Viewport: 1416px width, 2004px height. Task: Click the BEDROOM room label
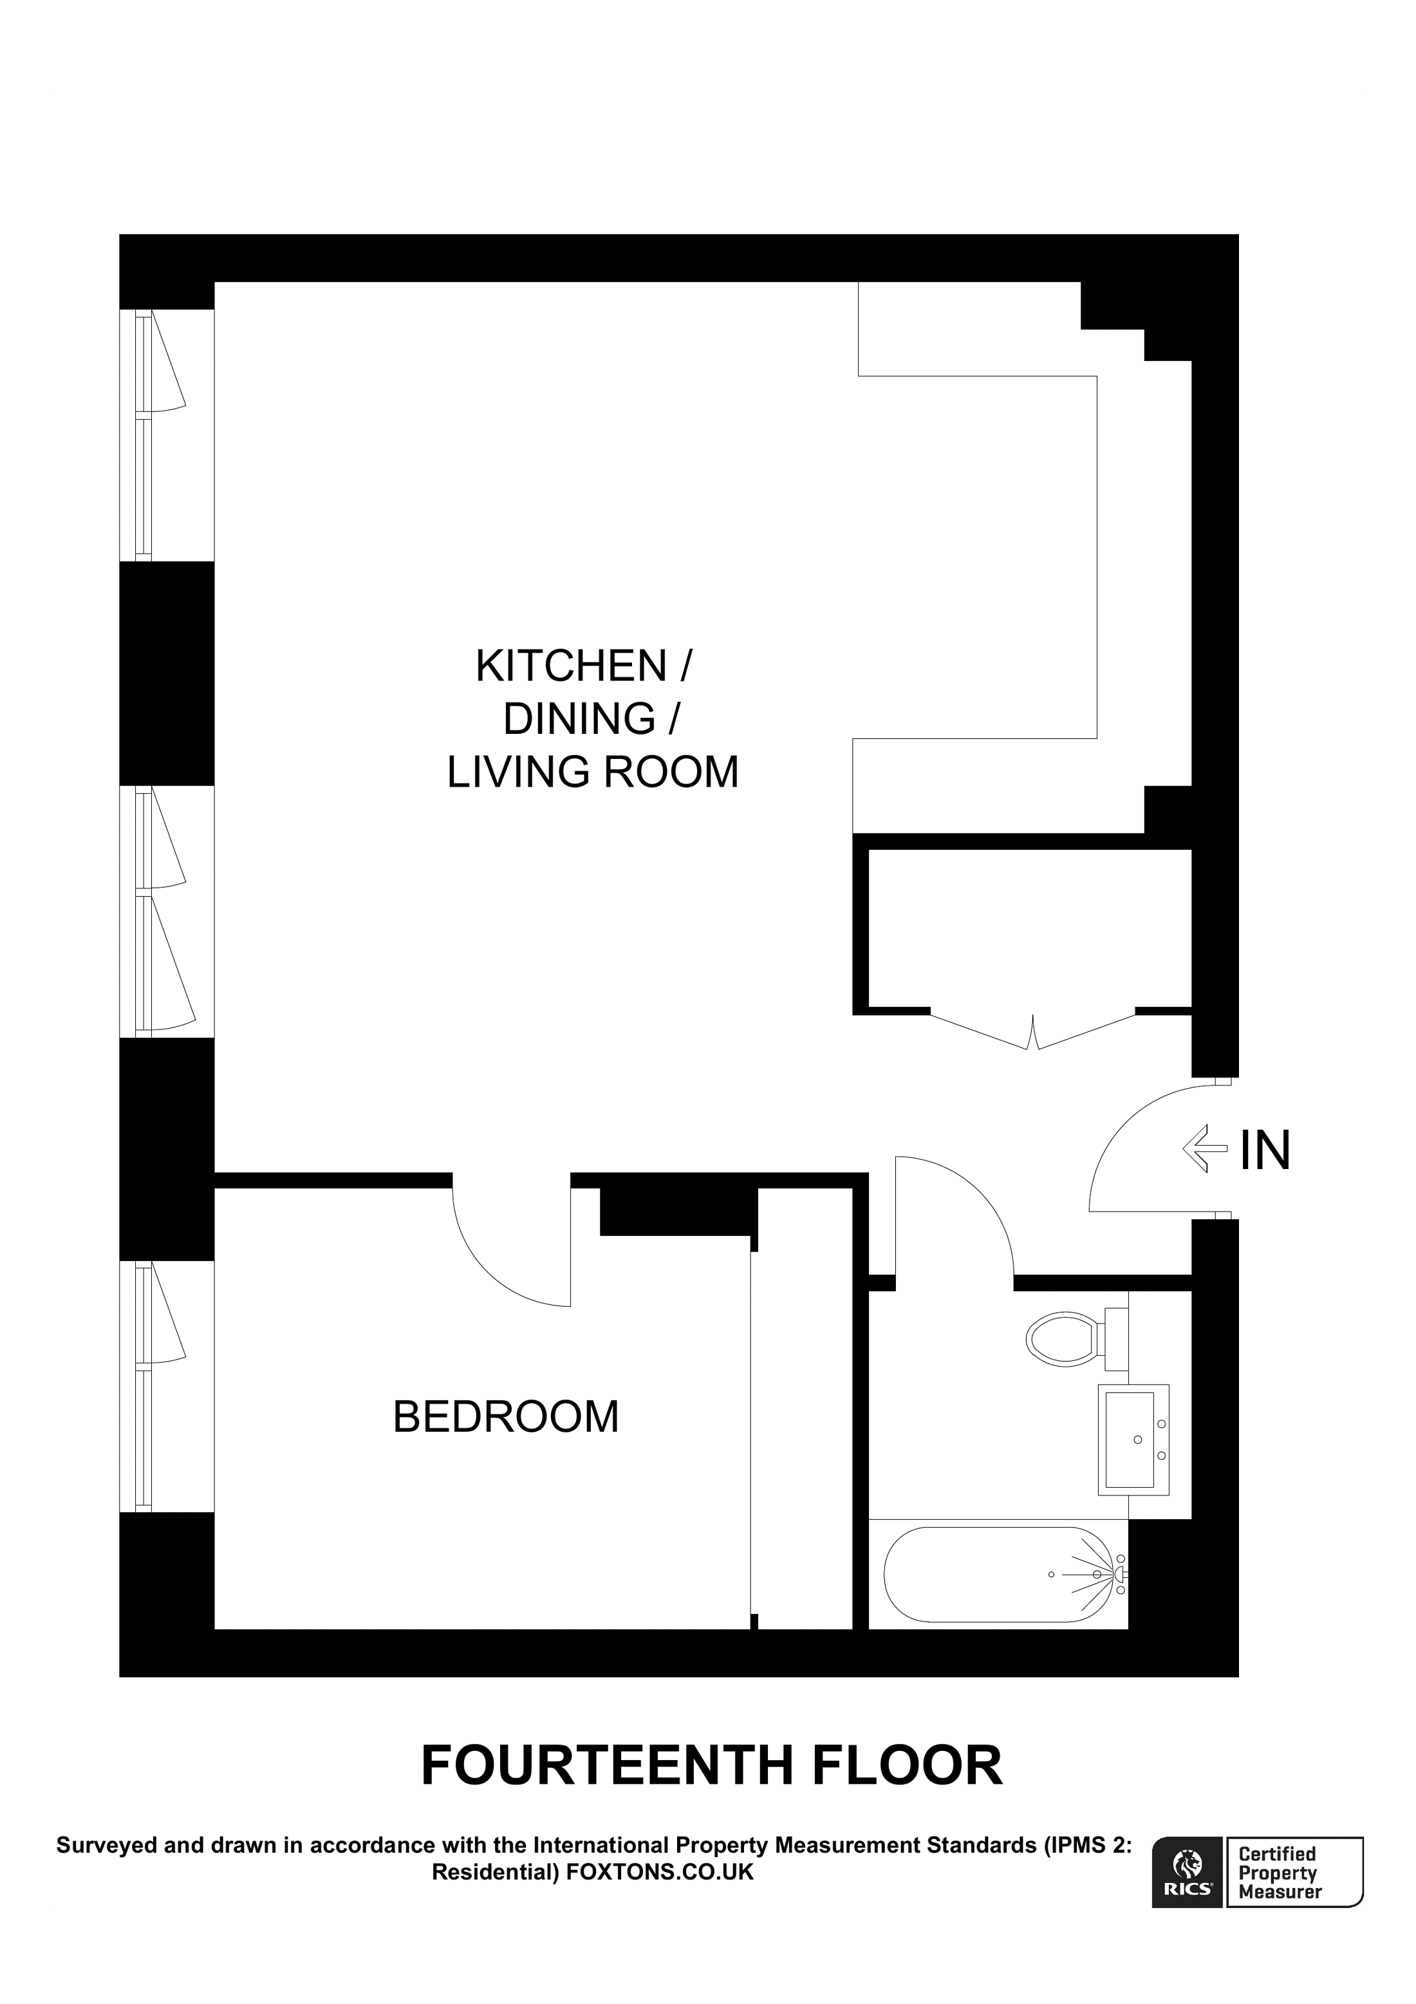point(505,1417)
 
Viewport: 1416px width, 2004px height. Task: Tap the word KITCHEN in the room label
point(572,666)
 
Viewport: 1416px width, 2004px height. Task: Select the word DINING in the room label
point(579,719)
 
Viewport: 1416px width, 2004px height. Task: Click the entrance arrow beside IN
point(1205,1148)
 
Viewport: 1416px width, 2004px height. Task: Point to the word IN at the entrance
point(1264,1150)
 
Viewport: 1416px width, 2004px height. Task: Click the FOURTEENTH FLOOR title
point(711,1766)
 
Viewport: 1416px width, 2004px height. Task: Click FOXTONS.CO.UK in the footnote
point(660,1873)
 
